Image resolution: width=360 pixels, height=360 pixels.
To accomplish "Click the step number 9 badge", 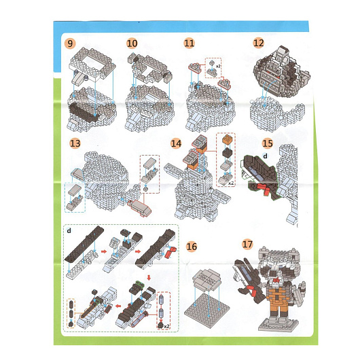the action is click(x=70, y=43).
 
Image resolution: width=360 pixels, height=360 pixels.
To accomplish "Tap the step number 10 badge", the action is click(x=132, y=43).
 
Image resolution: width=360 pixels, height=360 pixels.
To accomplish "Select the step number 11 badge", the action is click(x=190, y=43).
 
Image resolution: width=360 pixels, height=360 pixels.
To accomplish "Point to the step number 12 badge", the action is click(x=258, y=43).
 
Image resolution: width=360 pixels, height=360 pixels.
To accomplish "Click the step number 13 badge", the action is click(x=75, y=143).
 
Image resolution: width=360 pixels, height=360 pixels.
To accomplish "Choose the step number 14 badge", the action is click(x=176, y=143).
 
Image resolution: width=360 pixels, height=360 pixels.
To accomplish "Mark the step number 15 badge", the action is click(x=267, y=143).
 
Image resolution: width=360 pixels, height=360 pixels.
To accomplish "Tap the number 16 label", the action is click(x=192, y=247).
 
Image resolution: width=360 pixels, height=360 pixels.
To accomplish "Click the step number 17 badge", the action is click(x=247, y=244).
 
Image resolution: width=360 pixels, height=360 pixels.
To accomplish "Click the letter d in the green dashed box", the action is click(x=69, y=230).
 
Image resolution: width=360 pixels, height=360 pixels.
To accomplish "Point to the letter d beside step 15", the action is click(x=265, y=156).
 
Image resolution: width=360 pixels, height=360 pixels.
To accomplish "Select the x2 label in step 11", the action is click(x=218, y=66).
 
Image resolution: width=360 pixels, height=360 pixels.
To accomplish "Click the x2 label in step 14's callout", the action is click(x=231, y=183).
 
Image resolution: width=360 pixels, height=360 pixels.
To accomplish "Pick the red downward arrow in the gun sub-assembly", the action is click(x=149, y=278).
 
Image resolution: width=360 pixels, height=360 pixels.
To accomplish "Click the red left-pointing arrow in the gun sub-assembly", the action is click(x=118, y=306).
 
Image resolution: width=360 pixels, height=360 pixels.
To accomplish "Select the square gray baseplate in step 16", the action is click(x=206, y=307).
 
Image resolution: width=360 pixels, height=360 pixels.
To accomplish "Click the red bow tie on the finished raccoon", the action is click(x=276, y=280).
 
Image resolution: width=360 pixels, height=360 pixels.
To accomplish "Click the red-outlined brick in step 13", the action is click(x=139, y=208).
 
